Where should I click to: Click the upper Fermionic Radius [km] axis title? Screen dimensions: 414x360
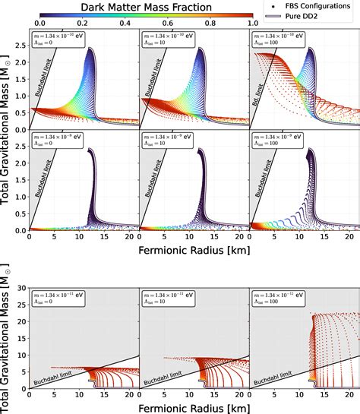[194, 249]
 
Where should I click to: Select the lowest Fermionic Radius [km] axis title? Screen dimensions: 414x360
[194, 407]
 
